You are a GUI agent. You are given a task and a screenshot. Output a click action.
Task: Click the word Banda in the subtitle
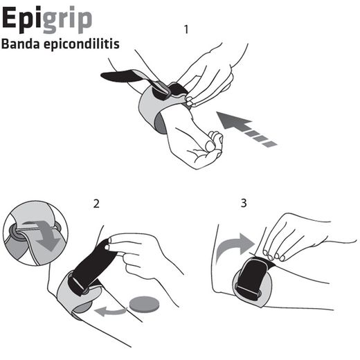22,44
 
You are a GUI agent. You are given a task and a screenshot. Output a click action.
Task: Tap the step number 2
97,204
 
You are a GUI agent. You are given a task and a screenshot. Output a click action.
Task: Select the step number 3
243,204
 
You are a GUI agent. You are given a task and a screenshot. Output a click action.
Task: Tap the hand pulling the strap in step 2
142,253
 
